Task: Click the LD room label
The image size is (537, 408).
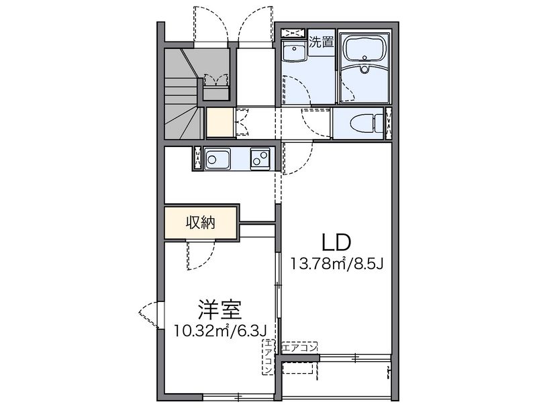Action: pyautogui.click(x=338, y=240)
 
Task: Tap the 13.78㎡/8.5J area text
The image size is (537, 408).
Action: pyautogui.click(x=337, y=263)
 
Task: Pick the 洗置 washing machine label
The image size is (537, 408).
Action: pyautogui.click(x=322, y=42)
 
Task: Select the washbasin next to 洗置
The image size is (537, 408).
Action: pyautogui.click(x=293, y=52)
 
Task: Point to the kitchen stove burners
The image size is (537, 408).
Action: pyautogui.click(x=260, y=159)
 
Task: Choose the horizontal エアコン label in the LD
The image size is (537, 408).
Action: pyautogui.click(x=299, y=348)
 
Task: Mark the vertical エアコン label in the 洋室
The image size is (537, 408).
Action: pyautogui.click(x=268, y=357)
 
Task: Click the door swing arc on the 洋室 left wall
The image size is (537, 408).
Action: pyautogui.click(x=149, y=316)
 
